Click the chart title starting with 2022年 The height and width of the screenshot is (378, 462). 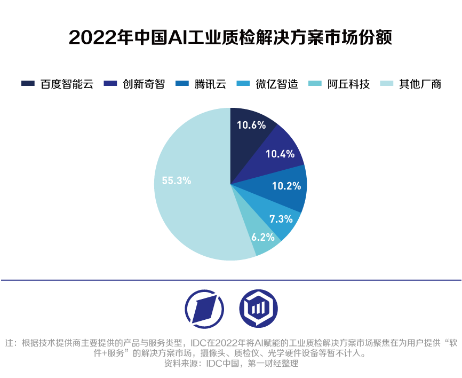click(230, 38)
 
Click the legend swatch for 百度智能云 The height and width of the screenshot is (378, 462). click(28, 84)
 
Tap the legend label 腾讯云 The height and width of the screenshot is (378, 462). click(210, 84)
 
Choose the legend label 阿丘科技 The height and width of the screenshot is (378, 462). click(348, 84)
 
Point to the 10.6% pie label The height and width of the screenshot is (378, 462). click(251, 125)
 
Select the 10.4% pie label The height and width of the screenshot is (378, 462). click(280, 154)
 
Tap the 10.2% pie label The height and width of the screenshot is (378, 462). click(286, 186)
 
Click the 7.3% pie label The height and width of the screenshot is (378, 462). click(281, 218)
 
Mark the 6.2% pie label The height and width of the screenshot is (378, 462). click(263, 237)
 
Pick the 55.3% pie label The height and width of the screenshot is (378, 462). click(176, 180)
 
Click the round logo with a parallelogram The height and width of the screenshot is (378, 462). click(205, 309)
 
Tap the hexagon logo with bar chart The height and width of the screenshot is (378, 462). click(258, 309)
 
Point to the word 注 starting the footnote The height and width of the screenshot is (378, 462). click(10, 343)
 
